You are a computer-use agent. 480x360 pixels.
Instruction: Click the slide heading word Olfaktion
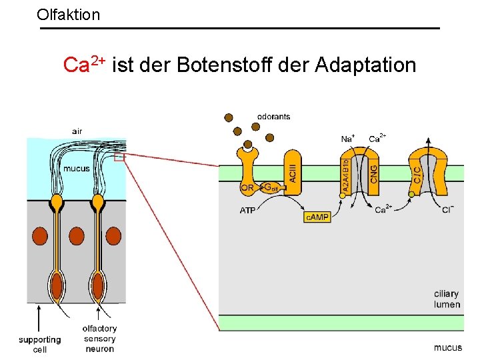click(x=69, y=13)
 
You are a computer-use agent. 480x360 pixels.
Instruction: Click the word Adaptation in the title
click(x=366, y=65)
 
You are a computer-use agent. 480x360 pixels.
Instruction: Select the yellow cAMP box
click(x=317, y=217)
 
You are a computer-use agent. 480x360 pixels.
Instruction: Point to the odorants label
click(x=273, y=117)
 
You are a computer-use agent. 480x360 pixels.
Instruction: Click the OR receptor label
click(x=247, y=188)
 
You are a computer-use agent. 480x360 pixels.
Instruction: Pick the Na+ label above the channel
click(x=347, y=139)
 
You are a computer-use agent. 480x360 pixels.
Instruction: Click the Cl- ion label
click(x=448, y=211)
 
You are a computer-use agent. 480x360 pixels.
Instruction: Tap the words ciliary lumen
click(x=447, y=299)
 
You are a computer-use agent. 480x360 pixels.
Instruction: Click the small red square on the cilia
click(x=119, y=158)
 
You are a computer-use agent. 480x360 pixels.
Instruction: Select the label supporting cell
click(x=40, y=345)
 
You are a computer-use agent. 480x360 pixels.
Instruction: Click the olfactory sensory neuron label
click(x=99, y=338)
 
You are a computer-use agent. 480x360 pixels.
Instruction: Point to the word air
click(x=77, y=131)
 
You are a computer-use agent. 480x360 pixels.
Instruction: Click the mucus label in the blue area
click(x=76, y=169)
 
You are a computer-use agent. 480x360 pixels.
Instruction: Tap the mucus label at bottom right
click(x=447, y=347)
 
